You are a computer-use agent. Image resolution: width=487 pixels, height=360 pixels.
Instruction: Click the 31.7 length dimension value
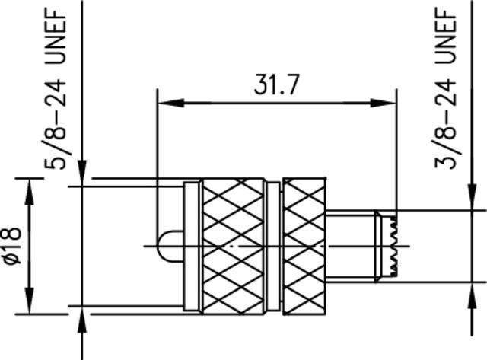[x=277, y=86]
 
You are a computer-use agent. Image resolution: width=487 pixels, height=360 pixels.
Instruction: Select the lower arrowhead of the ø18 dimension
[x=30, y=303]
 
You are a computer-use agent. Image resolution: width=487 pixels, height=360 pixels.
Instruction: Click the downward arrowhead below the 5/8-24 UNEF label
[x=82, y=176]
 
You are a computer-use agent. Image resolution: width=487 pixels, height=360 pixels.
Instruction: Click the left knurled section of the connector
[x=233, y=245]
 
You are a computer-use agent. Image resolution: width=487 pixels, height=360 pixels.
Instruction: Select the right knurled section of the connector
[x=304, y=245]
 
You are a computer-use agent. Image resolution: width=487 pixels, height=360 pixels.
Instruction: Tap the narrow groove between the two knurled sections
[x=273, y=245]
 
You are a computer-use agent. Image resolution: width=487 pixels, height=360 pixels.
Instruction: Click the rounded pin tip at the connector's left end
[x=165, y=245]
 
